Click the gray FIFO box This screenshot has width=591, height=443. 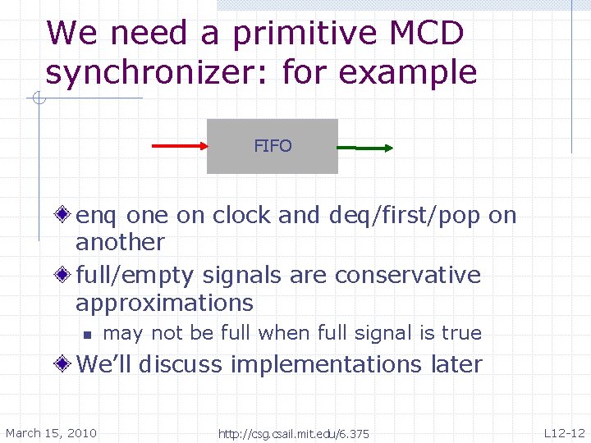click(x=272, y=147)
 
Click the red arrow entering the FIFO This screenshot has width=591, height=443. click(x=180, y=147)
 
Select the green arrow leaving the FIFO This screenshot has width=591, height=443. click(x=365, y=148)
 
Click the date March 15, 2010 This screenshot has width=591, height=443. click(x=51, y=433)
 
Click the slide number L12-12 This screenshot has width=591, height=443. click(x=564, y=433)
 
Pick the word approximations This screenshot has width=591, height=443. click(x=164, y=303)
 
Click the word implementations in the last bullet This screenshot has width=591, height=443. click(x=327, y=363)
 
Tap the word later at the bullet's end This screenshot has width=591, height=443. click(x=456, y=363)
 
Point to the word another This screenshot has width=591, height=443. click(x=120, y=243)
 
